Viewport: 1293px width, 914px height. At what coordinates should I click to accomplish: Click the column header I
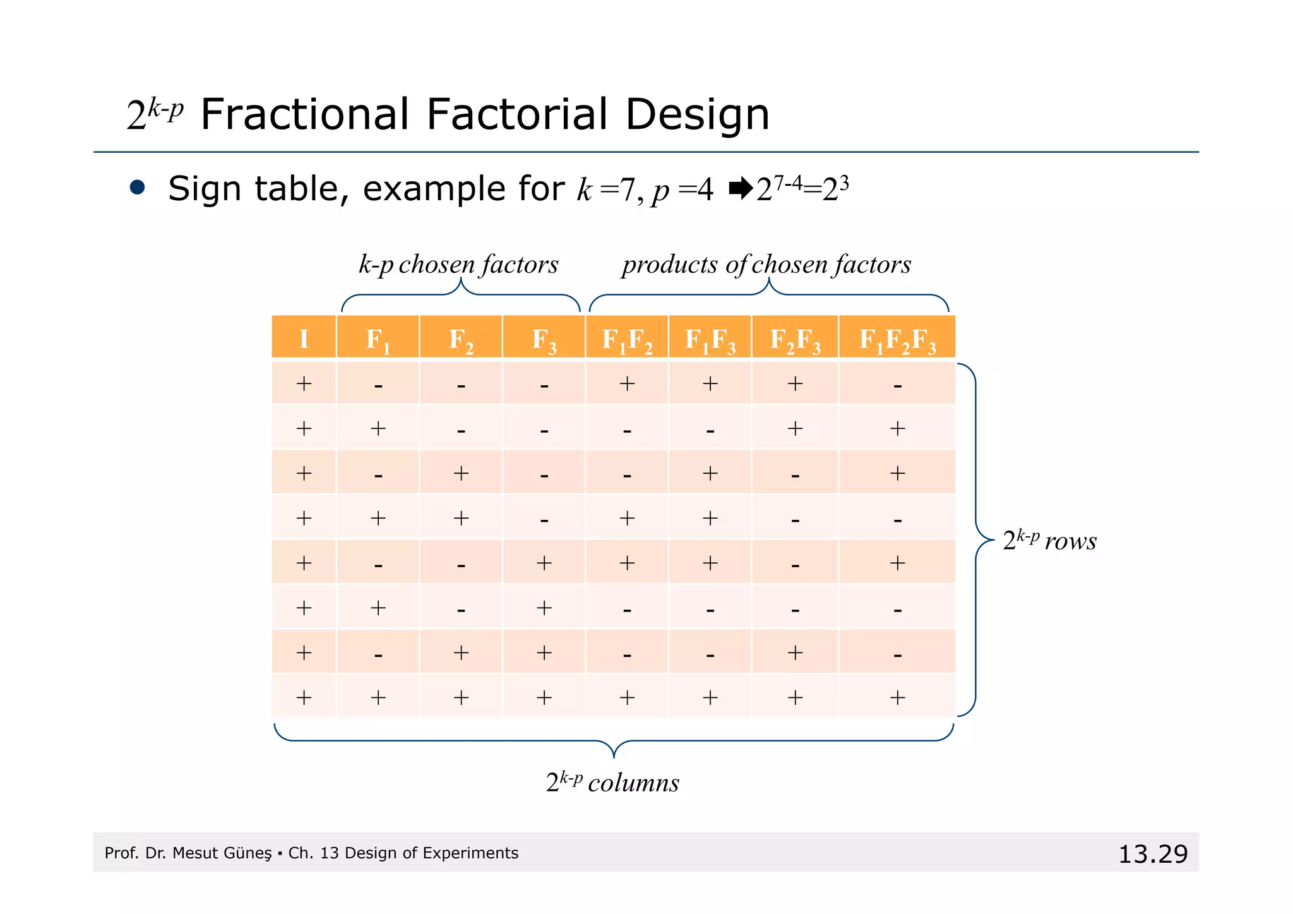pyautogui.click(x=304, y=339)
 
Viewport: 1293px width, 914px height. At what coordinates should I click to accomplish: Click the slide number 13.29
pyautogui.click(x=1153, y=854)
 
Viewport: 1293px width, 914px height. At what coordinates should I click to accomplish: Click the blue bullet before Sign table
pyautogui.click(x=137, y=188)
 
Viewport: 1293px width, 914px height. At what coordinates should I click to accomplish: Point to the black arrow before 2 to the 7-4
pyautogui.click(x=741, y=188)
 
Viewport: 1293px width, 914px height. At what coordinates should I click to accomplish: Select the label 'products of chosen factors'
pyautogui.click(x=766, y=264)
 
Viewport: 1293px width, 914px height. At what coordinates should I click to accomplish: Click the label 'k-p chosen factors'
pyautogui.click(x=458, y=264)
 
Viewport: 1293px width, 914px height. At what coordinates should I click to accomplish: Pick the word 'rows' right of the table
pyautogui.click(x=1071, y=541)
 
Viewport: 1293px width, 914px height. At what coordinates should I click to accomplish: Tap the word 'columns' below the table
pyautogui.click(x=633, y=783)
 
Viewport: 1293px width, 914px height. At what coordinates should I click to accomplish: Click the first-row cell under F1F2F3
pyautogui.click(x=897, y=384)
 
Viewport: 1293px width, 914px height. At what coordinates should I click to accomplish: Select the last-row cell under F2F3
pyautogui.click(x=795, y=697)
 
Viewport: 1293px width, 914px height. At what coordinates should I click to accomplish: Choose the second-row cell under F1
pyautogui.click(x=378, y=429)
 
